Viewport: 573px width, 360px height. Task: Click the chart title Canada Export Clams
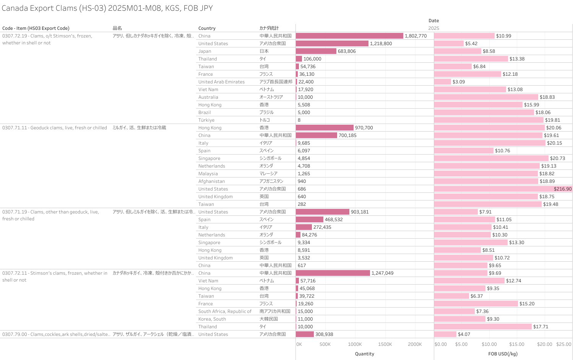click(x=107, y=8)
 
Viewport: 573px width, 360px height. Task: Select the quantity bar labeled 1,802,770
click(x=349, y=36)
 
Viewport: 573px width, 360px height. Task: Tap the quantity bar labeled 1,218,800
click(x=332, y=43)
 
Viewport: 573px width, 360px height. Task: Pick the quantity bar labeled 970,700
click(x=325, y=127)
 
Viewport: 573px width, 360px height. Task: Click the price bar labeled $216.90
click(x=503, y=189)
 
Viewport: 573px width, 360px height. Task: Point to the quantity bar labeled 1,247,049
click(x=333, y=273)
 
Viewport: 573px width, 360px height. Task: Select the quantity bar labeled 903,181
click(x=322, y=212)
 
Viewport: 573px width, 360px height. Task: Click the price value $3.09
click(x=459, y=82)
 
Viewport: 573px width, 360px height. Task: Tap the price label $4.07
click(x=464, y=334)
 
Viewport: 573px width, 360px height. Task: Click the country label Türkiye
click(x=206, y=120)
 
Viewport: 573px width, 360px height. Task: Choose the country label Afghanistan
click(x=211, y=181)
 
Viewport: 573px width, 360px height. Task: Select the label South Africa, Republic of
click(x=225, y=311)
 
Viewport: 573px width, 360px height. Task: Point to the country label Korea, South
click(x=212, y=319)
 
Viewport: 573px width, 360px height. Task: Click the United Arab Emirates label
click(x=221, y=82)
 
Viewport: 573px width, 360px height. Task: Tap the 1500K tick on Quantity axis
click(x=385, y=344)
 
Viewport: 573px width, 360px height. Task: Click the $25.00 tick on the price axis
click(x=563, y=344)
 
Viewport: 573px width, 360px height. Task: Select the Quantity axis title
click(x=364, y=354)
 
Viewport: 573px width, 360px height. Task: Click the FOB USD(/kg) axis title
click(x=503, y=354)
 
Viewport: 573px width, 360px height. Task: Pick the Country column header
click(x=207, y=28)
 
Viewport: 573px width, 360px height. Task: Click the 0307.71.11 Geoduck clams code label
click(x=55, y=128)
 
